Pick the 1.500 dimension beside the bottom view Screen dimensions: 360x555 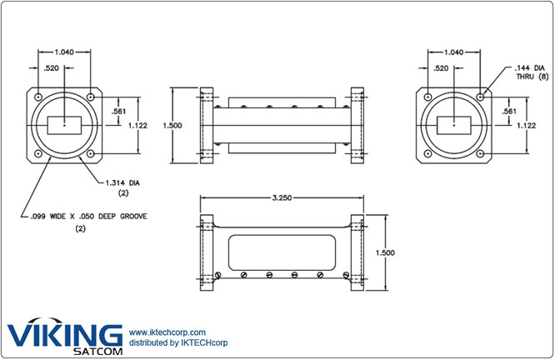coord(385,252)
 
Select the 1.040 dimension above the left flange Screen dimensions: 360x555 coord(63,51)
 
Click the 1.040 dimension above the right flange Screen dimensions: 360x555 coord(455,51)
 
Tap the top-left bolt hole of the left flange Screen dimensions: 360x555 coord(38,97)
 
